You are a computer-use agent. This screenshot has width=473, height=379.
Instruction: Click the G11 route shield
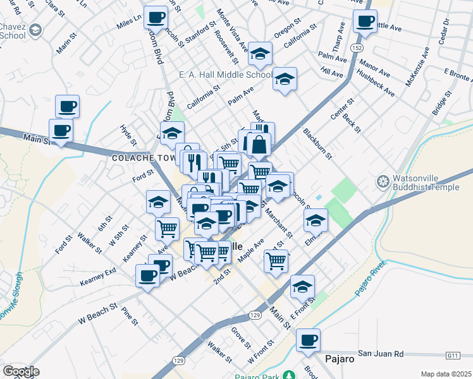coord(452,356)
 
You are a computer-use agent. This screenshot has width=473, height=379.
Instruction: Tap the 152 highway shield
coord(357,48)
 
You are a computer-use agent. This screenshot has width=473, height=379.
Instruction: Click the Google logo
coord(21,371)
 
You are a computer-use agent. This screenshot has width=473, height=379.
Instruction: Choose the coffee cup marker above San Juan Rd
coord(308,340)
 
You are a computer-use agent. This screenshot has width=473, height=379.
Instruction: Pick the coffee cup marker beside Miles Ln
coord(155,18)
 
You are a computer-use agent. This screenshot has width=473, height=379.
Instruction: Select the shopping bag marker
coord(259,145)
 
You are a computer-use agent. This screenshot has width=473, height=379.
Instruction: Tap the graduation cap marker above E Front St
coord(302,287)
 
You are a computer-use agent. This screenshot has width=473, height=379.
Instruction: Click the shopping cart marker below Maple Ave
coord(276,260)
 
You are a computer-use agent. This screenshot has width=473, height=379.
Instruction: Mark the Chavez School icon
coord(36,30)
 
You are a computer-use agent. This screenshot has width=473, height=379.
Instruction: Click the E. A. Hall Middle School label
coord(225,75)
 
